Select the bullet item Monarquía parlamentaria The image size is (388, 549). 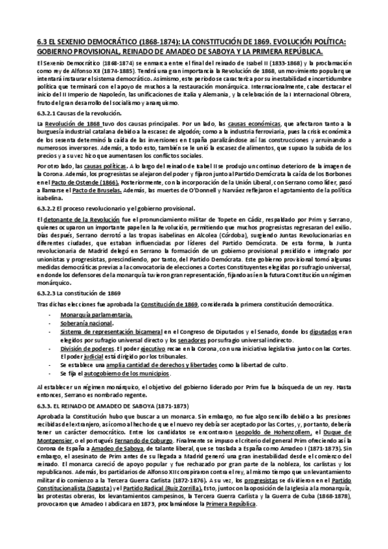click(x=97, y=315)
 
